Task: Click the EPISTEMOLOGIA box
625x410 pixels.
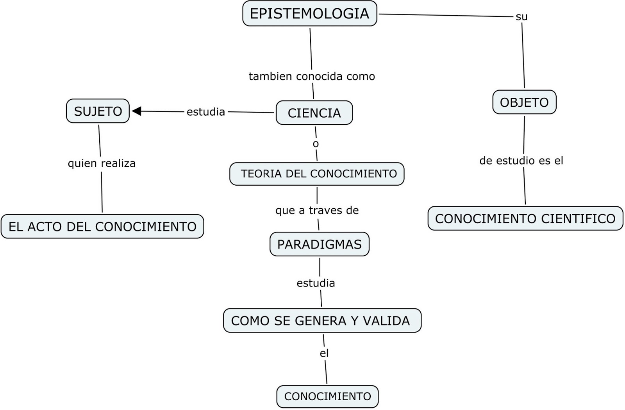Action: coord(309,14)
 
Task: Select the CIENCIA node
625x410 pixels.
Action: coord(314,113)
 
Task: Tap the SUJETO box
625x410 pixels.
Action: coord(98,111)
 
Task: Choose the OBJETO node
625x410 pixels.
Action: coord(524,102)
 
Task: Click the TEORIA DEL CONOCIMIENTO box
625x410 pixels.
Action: coord(317,174)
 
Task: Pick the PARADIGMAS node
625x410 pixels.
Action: coord(319,244)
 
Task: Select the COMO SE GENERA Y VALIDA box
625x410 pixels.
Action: coord(322,320)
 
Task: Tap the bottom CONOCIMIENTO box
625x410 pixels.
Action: coord(327,396)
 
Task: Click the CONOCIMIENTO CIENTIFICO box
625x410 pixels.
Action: coord(525,218)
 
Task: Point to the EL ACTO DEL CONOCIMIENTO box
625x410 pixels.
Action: coord(102,226)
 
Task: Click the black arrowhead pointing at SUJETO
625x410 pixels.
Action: coord(136,111)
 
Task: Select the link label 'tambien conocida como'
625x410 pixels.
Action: coord(312,76)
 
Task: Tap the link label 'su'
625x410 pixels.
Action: coord(521,17)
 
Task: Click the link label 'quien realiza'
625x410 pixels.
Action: coord(102,163)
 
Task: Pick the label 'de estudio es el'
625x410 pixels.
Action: coord(521,161)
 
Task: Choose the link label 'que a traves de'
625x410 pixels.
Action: coord(317,210)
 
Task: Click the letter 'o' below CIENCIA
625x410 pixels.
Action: coord(316,144)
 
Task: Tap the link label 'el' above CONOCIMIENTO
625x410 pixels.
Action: coord(324,353)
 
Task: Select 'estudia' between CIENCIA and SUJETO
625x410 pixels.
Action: coord(205,112)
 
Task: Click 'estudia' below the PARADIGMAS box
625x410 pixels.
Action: coord(316,283)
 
